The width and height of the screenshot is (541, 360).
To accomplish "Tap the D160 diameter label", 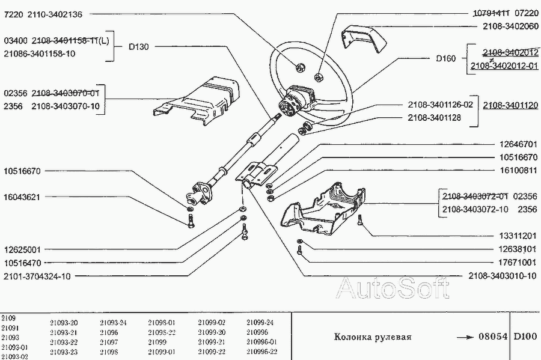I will [446, 58].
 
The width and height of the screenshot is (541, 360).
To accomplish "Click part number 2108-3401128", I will [434, 117].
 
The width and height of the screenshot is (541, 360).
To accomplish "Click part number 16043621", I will [22, 197].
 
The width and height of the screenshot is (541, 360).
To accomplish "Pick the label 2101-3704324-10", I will [37, 276].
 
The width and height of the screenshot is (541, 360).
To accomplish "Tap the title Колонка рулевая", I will [373, 337].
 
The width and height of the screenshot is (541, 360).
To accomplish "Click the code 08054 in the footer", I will [494, 337].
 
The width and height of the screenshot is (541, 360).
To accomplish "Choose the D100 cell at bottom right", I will [525, 337].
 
